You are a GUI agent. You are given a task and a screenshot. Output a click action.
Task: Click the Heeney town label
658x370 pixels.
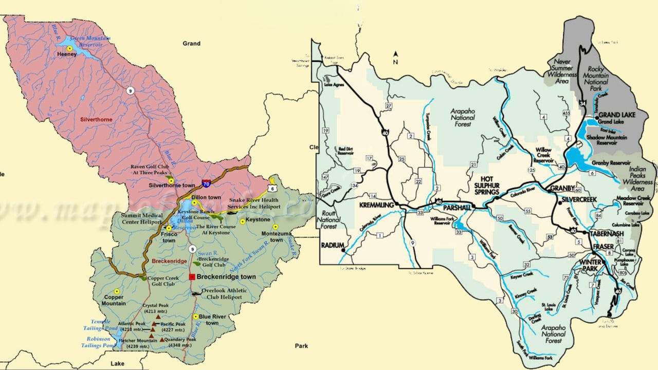(x=67, y=54)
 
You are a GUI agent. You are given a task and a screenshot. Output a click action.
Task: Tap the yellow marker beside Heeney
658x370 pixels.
(x=69, y=48)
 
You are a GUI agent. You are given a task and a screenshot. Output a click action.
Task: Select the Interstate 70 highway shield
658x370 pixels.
(x=206, y=182)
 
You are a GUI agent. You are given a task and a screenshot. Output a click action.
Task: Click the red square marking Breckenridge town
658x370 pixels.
(x=192, y=276)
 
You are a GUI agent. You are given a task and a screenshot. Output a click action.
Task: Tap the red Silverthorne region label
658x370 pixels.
(x=96, y=119)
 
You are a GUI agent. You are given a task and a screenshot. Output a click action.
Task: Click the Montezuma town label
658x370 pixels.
(x=277, y=236)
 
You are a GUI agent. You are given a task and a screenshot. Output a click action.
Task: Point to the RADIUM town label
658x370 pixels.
(x=332, y=246)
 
